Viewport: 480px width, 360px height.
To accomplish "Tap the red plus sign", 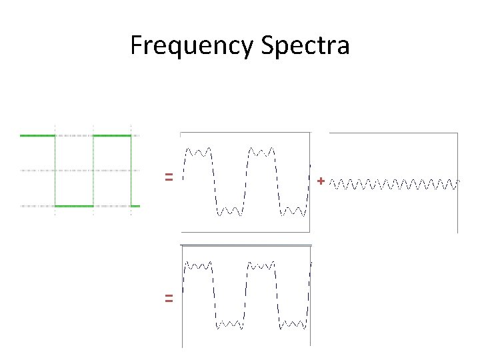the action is click(x=321, y=181).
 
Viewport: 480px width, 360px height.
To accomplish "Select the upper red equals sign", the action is click(x=169, y=177).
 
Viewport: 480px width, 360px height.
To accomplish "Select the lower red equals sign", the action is click(x=169, y=299).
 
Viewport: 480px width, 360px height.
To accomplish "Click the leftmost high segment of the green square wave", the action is click(x=37, y=135).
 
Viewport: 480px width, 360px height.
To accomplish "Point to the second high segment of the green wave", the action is click(x=112, y=135).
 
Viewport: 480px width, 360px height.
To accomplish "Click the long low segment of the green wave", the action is click(x=74, y=206).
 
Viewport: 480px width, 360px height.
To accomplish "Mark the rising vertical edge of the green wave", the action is click(x=93, y=171).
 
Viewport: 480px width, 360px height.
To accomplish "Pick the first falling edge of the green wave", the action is click(x=55, y=171).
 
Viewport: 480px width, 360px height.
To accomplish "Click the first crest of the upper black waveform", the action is click(x=199, y=151).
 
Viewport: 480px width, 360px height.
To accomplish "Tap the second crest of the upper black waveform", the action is click(x=262, y=151).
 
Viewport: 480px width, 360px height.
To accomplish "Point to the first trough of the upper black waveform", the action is click(x=230, y=211).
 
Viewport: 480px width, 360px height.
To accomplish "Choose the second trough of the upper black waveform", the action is click(x=293, y=211).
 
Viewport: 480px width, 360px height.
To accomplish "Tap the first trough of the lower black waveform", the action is click(x=230, y=325).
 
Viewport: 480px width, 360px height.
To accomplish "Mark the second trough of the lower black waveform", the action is click(x=293, y=325).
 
